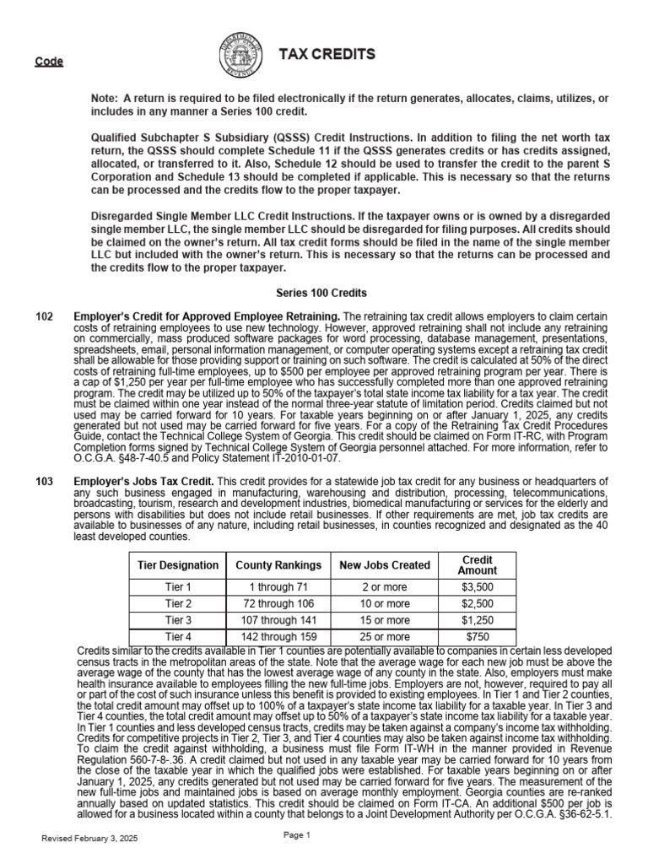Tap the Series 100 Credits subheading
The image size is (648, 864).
click(x=321, y=293)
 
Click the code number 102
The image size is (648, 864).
click(x=45, y=316)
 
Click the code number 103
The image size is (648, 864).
click(x=45, y=481)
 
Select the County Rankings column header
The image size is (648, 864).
click(x=278, y=564)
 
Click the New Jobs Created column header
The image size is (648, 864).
click(x=385, y=564)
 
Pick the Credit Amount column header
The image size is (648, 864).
click(x=477, y=564)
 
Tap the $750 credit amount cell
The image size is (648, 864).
click(x=477, y=636)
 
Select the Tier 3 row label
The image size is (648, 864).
click(x=178, y=620)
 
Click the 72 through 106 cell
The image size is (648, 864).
click(x=278, y=604)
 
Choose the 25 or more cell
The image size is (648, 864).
click(x=385, y=636)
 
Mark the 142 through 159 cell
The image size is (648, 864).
click(x=278, y=636)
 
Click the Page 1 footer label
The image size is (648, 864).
click(x=297, y=834)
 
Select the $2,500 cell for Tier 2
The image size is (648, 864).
click(x=477, y=604)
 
